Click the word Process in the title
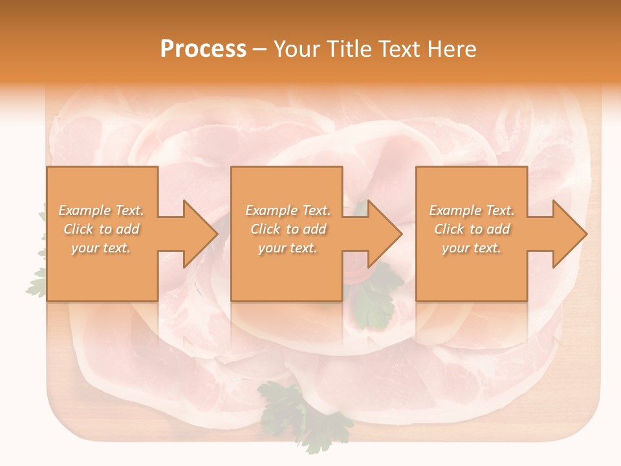click(203, 49)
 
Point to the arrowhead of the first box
click(201, 234)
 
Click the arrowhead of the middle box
click(385, 234)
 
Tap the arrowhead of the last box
click(570, 234)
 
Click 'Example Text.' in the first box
click(102, 210)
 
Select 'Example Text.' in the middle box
click(288, 210)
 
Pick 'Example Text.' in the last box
click(472, 210)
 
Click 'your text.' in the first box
click(101, 248)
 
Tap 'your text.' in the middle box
click(287, 248)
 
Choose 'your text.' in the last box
click(471, 248)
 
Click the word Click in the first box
click(79, 229)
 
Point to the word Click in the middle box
click(266, 229)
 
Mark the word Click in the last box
click(450, 229)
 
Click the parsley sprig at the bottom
click(304, 414)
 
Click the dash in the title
click(260, 50)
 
